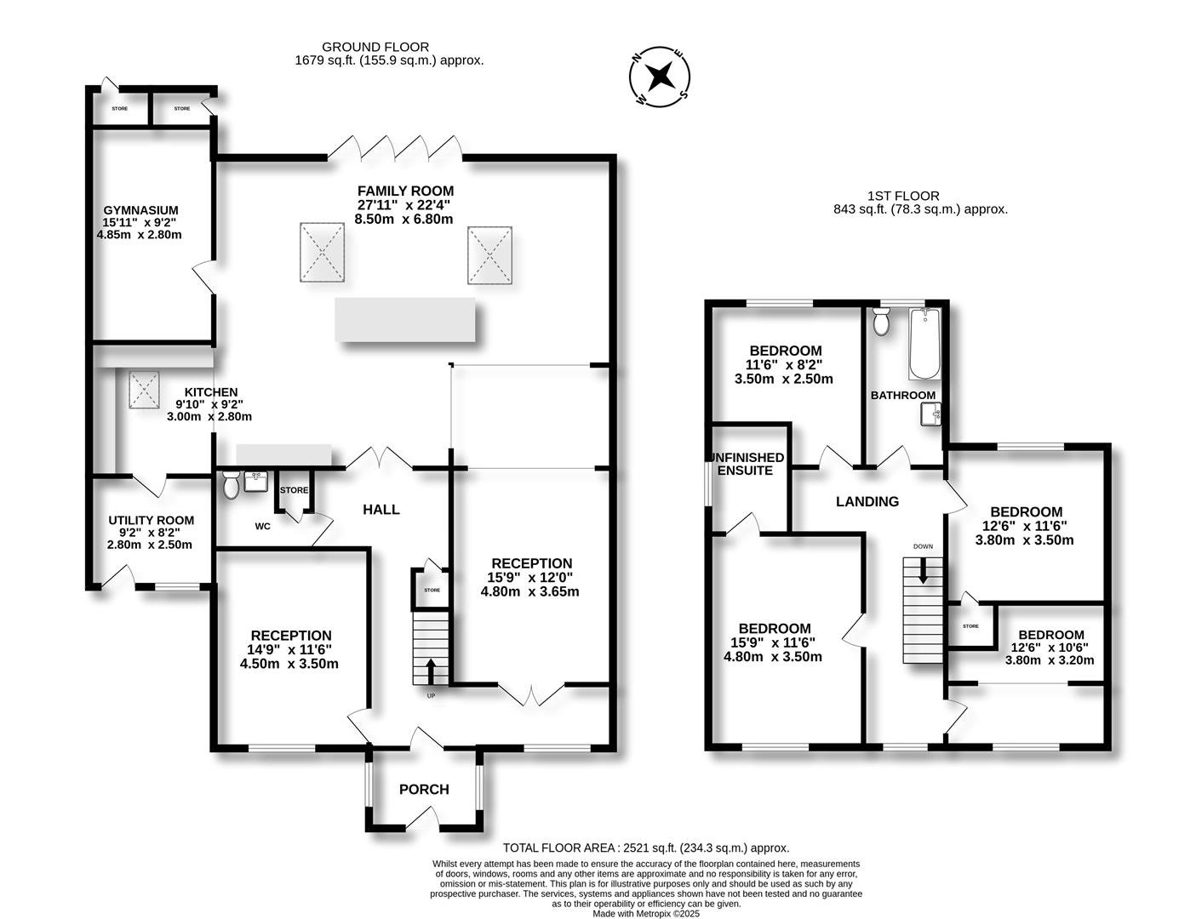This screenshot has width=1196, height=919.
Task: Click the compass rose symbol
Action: coord(660,77)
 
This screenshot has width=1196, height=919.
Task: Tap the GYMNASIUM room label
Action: coord(141,210)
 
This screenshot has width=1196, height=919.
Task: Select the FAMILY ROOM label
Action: coord(406,191)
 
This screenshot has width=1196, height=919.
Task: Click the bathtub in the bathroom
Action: coord(924,344)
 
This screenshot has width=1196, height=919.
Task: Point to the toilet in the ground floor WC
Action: coord(230,484)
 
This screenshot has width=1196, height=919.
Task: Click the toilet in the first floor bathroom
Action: coord(881,321)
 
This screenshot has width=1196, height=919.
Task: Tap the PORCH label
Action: coord(424,789)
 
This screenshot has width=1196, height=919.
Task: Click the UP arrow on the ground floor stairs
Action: coord(431,671)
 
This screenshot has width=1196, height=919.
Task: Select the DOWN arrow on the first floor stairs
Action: coord(923,570)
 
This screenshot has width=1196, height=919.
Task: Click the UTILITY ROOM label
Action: coord(151,520)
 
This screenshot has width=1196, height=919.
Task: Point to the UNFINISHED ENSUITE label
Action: coord(747,464)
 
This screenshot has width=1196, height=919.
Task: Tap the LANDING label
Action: coord(867,501)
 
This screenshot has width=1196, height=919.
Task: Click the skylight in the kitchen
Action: coord(144,390)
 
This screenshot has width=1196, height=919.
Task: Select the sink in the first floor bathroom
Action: coord(930,414)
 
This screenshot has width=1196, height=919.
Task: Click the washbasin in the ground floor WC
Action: coord(255,482)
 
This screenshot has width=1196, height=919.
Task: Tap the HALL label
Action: coord(381,510)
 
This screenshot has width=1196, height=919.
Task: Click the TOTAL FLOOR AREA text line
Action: coord(646,848)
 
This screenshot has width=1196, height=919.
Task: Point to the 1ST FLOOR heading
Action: coord(903,196)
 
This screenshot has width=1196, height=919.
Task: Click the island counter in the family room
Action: coord(405,320)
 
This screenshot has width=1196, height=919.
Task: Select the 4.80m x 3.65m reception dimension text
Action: coord(530,591)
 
